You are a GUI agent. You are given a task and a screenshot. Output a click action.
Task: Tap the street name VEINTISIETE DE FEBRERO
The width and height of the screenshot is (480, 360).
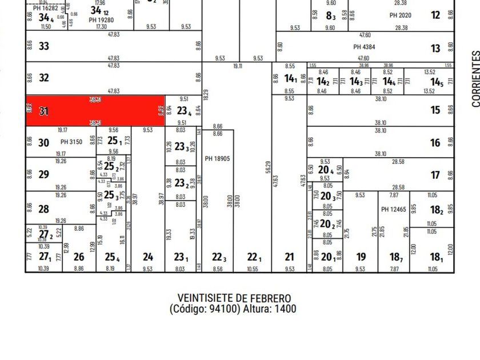point(234,298)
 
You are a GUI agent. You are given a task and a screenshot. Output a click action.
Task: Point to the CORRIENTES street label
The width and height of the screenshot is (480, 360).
point(475,79)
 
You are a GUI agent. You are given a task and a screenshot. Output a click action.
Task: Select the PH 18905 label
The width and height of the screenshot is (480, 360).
point(217,158)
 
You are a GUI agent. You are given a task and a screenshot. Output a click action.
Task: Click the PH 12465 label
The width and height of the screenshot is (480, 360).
point(393,210)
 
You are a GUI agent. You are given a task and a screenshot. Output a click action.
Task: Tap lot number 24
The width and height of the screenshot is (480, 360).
point(148,257)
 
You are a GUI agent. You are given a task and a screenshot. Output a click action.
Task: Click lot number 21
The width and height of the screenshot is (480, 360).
point(290,257)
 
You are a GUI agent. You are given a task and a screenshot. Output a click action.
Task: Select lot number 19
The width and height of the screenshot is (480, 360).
point(360,257)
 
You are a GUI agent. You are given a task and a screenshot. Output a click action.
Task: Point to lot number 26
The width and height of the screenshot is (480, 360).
point(79,257)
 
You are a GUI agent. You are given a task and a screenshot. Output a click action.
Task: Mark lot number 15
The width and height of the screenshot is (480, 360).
point(435,110)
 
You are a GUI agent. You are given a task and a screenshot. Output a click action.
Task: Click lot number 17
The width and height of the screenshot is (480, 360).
point(435,175)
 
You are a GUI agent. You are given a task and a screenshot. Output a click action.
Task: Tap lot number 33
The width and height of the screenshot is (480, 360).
point(44,46)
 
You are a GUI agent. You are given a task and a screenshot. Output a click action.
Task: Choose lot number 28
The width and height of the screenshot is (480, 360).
point(44,209)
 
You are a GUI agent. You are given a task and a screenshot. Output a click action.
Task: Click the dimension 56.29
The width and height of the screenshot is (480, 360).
point(267,167)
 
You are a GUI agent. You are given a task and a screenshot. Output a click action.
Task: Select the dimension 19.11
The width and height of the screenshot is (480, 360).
point(237,66)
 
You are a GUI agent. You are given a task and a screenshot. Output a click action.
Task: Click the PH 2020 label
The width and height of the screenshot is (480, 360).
point(400,15)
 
